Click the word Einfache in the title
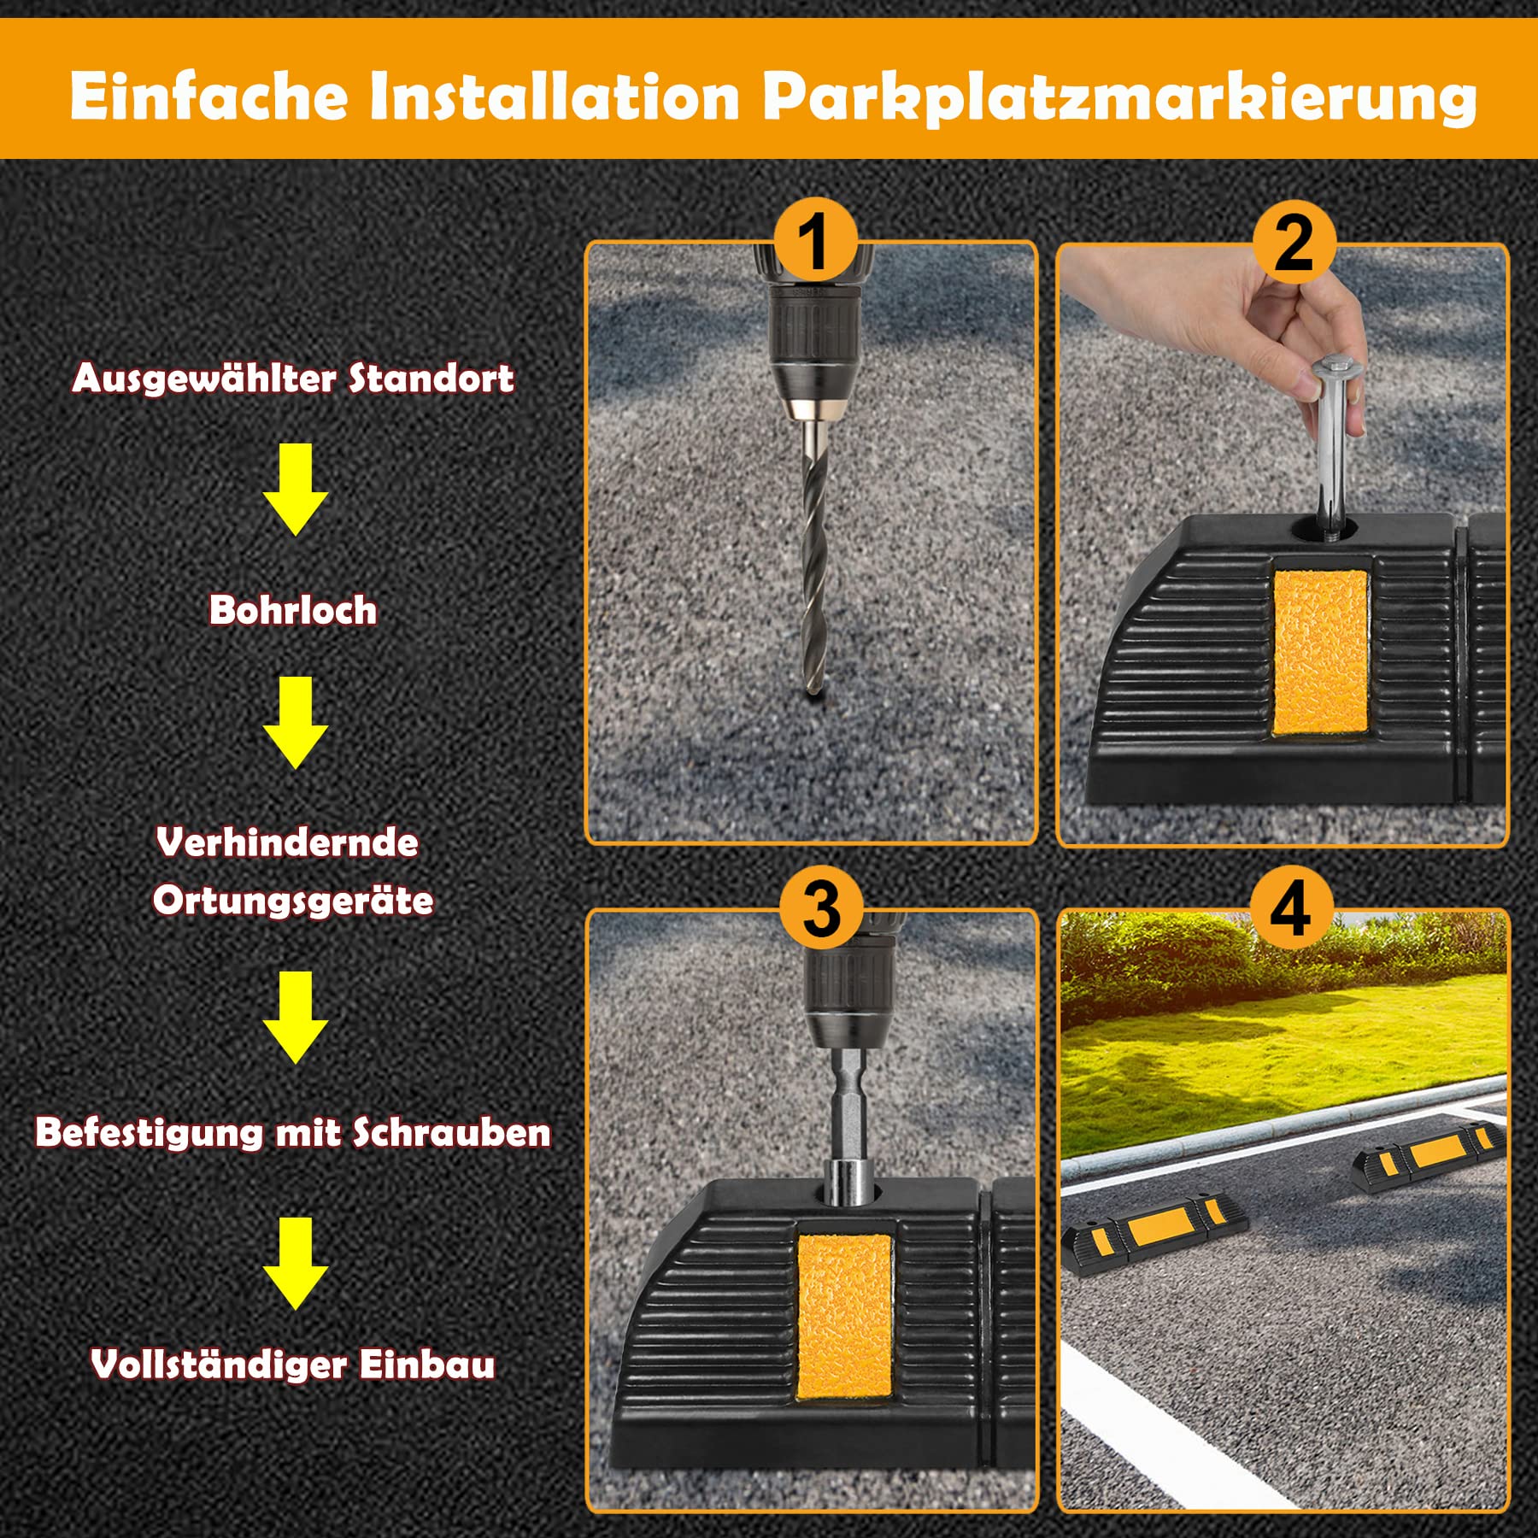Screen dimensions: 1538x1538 [x=208, y=97]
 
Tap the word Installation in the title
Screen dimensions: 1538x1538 [x=555, y=97]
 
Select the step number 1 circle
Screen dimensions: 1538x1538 [x=816, y=242]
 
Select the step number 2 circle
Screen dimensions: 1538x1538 [x=1294, y=243]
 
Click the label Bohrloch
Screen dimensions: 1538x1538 [x=293, y=610]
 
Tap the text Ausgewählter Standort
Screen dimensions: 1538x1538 [x=293, y=379]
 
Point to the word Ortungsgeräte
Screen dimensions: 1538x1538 [x=293, y=901]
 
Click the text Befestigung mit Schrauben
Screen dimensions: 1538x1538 [x=293, y=1133]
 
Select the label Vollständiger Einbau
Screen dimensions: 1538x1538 [x=293, y=1365]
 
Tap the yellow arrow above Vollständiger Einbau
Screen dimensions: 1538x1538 [x=296, y=1264]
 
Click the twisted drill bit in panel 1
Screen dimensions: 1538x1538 [x=814, y=555]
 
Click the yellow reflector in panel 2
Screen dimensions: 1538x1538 [x=1320, y=651]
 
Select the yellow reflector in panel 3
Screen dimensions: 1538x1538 [x=844, y=1318]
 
